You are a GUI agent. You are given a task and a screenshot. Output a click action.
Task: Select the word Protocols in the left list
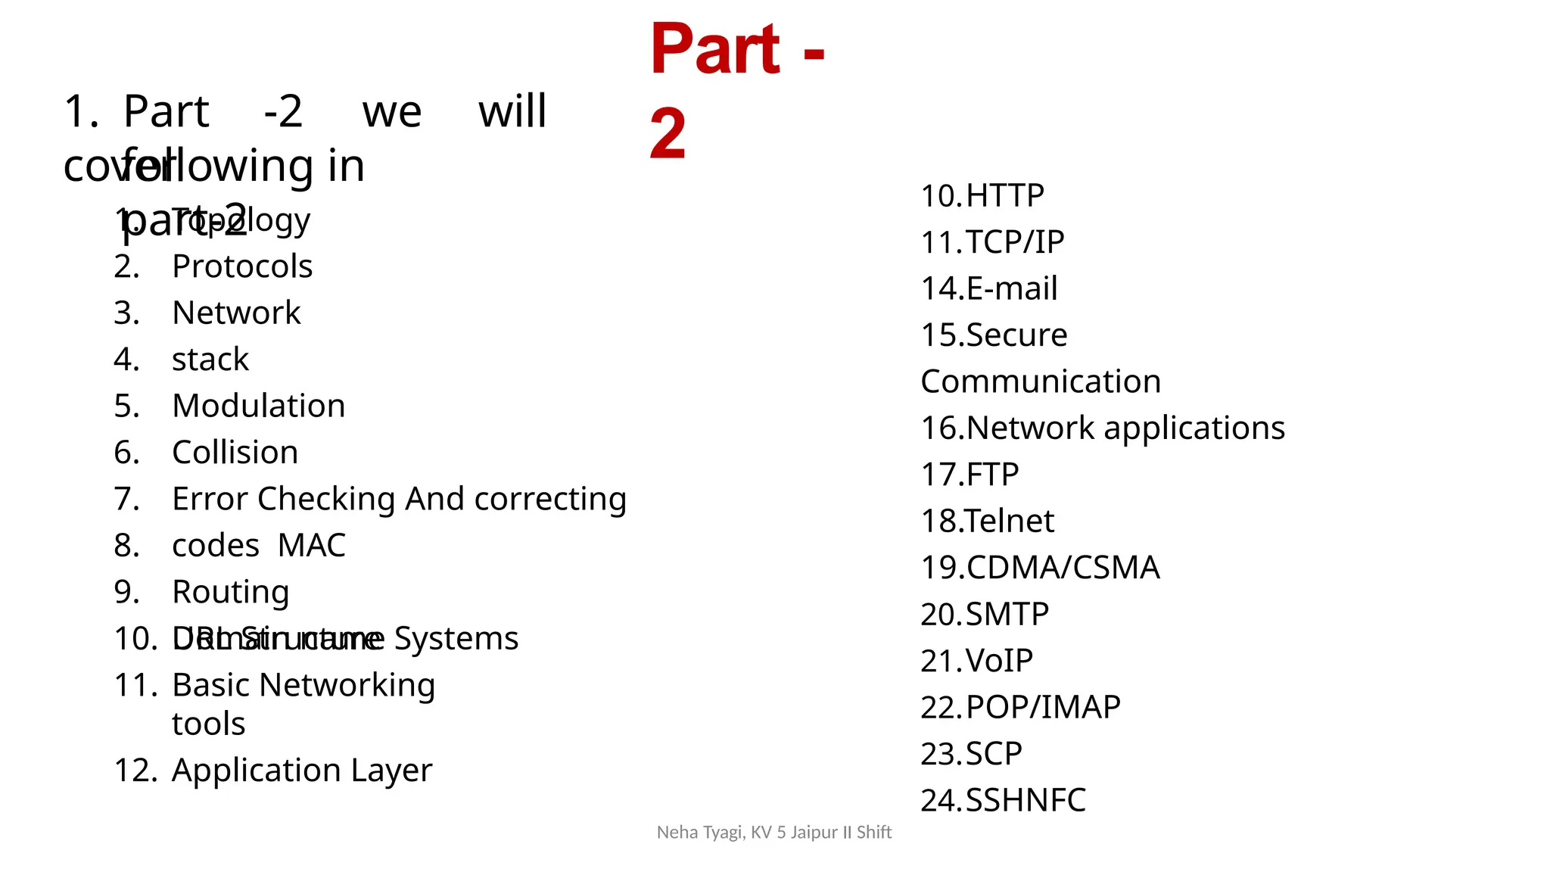[x=242, y=266]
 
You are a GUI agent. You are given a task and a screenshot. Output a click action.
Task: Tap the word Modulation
[x=259, y=406]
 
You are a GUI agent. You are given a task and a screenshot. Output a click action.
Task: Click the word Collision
[x=235, y=453]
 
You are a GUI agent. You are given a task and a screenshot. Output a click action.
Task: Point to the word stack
[x=210, y=360]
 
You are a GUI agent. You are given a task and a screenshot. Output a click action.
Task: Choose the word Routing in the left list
[x=231, y=592]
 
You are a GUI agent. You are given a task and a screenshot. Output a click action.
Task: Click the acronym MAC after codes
[x=312, y=545]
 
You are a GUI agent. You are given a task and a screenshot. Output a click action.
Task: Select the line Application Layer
[x=302, y=771]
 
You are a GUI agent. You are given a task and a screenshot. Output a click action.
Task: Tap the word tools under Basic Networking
[x=209, y=724]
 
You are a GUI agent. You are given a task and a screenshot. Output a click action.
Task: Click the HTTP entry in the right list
[x=1004, y=196]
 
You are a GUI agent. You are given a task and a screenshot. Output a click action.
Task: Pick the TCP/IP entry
[x=1014, y=242]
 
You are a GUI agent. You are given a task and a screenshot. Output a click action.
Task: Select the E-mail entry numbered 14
[x=1011, y=288]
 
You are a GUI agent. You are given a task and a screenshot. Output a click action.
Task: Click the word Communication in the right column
[x=1041, y=381]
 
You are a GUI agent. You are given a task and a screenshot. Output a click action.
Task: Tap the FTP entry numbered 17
[x=992, y=475]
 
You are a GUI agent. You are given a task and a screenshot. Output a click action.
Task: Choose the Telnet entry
[x=1010, y=521]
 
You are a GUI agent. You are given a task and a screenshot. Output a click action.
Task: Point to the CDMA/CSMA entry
[x=1063, y=568]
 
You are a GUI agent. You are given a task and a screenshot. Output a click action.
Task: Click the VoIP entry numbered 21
[x=999, y=661]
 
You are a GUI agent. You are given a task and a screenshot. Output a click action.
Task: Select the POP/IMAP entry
[x=1043, y=707]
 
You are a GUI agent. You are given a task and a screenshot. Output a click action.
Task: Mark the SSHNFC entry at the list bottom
[x=1026, y=800]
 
